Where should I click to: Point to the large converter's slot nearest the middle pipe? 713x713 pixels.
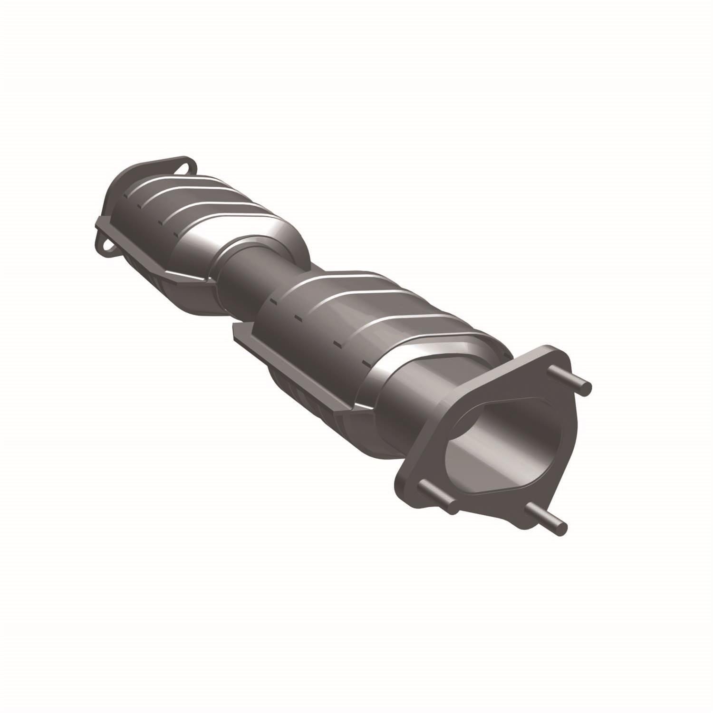click(273, 300)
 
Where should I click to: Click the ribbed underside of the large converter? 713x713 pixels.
click(304, 399)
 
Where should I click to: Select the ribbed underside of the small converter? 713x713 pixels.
click(152, 276)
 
